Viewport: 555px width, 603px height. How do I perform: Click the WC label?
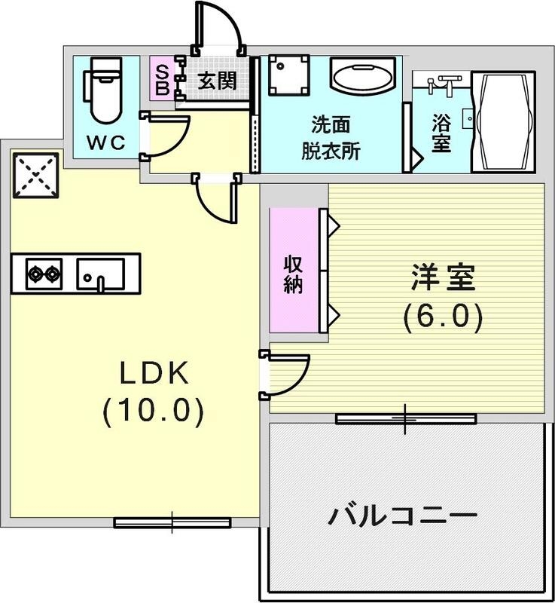(105, 143)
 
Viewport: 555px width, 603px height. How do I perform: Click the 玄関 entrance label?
(218, 81)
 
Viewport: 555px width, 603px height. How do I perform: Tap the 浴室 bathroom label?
(441, 133)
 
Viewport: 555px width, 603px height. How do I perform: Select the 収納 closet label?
(294, 275)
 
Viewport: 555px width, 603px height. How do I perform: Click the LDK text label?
(151, 372)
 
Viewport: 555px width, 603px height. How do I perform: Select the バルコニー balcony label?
(403, 517)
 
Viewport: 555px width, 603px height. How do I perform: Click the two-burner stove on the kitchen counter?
(44, 273)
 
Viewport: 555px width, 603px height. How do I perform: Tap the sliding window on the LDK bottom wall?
(172, 521)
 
